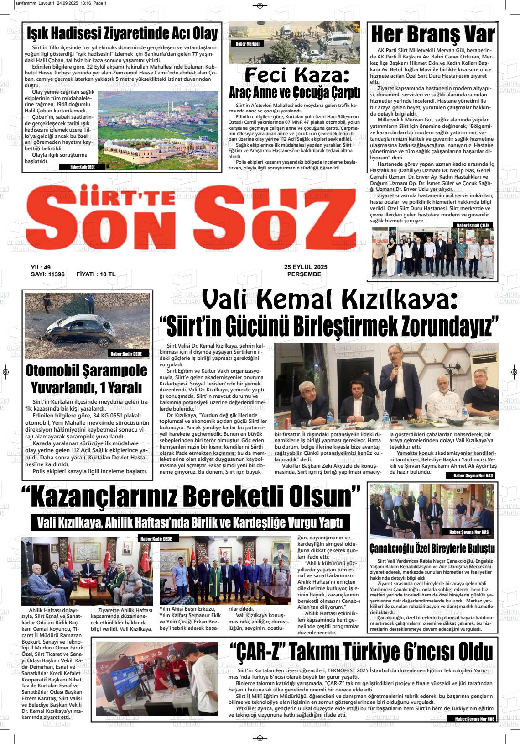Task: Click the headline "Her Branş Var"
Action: click(x=432, y=34)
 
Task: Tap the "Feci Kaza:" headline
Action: click(x=297, y=74)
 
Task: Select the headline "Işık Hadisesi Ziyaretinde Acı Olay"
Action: click(x=122, y=33)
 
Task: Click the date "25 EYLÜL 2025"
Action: click(x=306, y=267)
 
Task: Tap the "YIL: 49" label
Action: click(x=41, y=268)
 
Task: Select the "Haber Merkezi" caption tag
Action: click(x=248, y=44)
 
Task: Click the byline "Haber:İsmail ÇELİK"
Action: click(x=473, y=225)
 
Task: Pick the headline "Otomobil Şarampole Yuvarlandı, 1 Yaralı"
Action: click(x=87, y=379)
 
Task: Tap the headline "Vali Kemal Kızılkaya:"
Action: click(x=329, y=300)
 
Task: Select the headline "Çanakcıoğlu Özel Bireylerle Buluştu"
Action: click(x=432, y=548)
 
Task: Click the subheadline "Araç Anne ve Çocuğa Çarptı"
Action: click(x=295, y=92)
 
